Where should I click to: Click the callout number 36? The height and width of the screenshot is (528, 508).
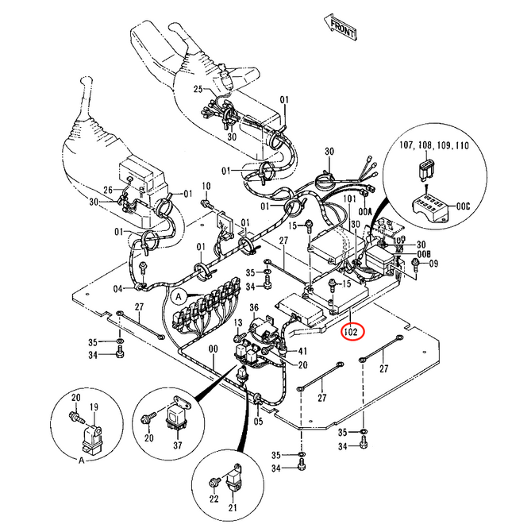(254, 307)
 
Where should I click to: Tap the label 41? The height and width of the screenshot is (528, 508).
(302, 350)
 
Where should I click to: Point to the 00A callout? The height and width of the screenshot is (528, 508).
(364, 212)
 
